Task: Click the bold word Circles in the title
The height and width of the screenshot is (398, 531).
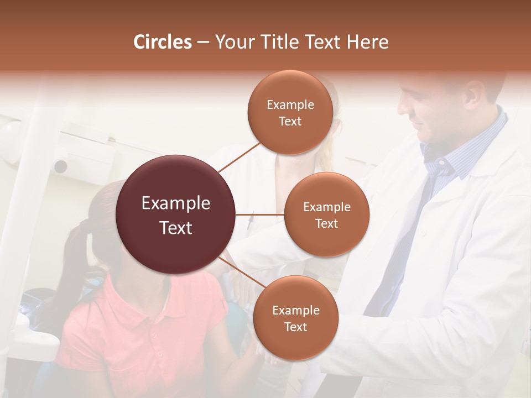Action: pyautogui.click(x=162, y=42)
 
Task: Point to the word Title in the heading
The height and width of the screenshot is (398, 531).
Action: pyautogui.click(x=280, y=42)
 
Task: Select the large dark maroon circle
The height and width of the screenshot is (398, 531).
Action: pyautogui.click(x=175, y=214)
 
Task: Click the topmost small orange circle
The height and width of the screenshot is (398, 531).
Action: pyautogui.click(x=290, y=113)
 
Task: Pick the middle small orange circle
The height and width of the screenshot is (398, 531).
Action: pyautogui.click(x=326, y=214)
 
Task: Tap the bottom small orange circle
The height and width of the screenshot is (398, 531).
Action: pyautogui.click(x=295, y=318)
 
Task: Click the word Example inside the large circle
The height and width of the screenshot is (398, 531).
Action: pyautogui.click(x=175, y=203)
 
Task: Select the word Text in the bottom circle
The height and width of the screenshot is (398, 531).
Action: pyautogui.click(x=295, y=327)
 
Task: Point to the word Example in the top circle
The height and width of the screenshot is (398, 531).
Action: pyautogui.click(x=290, y=104)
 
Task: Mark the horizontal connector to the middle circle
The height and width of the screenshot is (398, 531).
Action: pyautogui.click(x=260, y=214)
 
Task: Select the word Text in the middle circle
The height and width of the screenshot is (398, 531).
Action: pyautogui.click(x=326, y=223)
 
